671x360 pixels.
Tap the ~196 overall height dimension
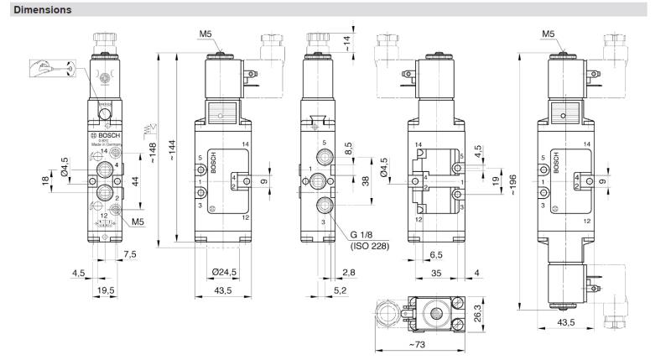(513, 183)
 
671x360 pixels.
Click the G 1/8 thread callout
(366, 234)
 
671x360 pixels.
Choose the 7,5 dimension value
(129, 253)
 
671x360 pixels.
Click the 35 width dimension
(435, 272)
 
